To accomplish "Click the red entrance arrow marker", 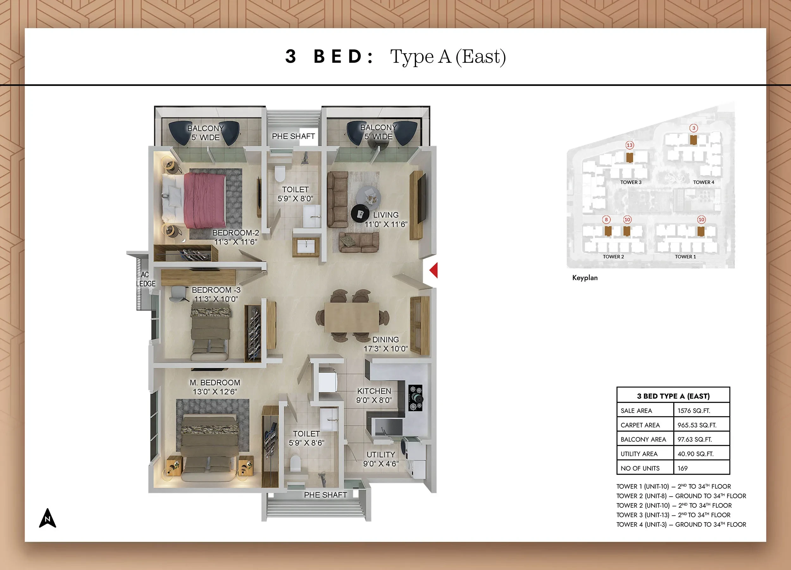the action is [x=434, y=270].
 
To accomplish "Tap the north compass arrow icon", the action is [x=47, y=518].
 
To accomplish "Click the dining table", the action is [x=352, y=317].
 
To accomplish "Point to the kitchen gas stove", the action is [x=415, y=397].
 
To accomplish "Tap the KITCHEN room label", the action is [x=374, y=391].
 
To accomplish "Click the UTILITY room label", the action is [x=381, y=454].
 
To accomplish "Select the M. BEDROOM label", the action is [x=215, y=383].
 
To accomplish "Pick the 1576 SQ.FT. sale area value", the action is [x=694, y=411].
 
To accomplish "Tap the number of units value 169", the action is [x=682, y=468].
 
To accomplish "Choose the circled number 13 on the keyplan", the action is [x=630, y=145].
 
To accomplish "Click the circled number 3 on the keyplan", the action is [x=694, y=128].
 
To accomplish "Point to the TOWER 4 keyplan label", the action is [x=703, y=182].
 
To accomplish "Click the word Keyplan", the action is [x=585, y=278].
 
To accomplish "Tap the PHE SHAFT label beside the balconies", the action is [x=293, y=136].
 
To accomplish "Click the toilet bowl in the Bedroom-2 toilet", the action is [x=280, y=173].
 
